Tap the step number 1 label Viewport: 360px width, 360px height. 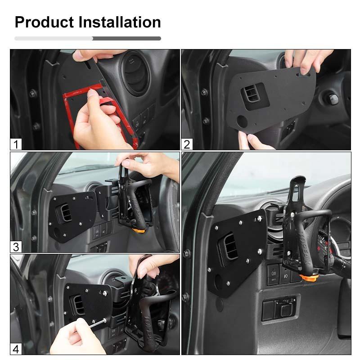(16, 144)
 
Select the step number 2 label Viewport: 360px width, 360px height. (187, 144)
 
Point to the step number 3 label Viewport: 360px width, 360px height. (16, 247)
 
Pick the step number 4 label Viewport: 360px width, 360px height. (16, 349)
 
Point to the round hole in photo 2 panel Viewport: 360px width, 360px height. (242, 121)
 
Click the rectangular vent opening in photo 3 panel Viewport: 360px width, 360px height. (65, 211)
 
